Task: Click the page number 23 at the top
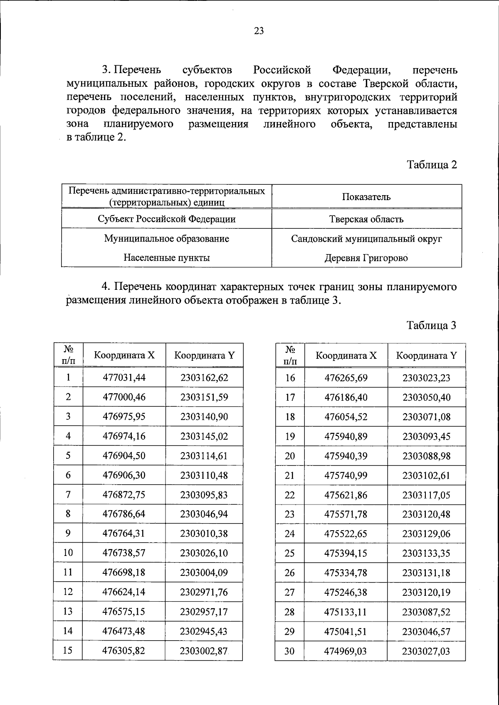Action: point(259,31)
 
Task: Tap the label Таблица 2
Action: point(432,165)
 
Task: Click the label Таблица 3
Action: point(432,326)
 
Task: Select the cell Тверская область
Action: point(366,219)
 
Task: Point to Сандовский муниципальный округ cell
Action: point(366,239)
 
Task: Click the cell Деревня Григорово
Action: point(366,258)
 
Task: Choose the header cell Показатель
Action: point(366,197)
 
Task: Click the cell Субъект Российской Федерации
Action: point(167,219)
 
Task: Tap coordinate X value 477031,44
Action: point(124,377)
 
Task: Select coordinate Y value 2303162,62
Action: point(204,377)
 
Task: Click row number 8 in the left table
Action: point(68,514)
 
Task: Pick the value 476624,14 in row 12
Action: point(124,592)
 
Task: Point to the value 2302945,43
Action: point(204,631)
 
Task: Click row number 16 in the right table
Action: point(290,378)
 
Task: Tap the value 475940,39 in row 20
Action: point(346,456)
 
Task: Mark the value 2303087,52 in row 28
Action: point(426,612)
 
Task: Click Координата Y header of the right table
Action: point(426,356)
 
